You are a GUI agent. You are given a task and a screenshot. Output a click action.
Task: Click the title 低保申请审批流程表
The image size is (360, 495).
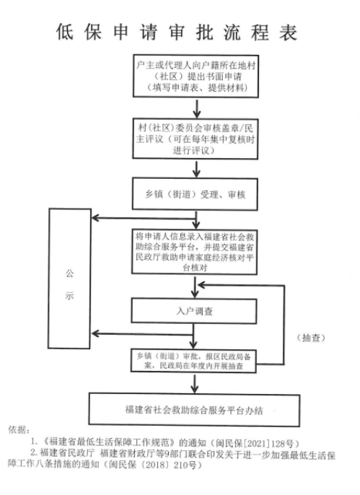[x=177, y=32]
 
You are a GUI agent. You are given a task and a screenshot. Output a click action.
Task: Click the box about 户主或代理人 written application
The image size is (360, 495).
[x=195, y=76]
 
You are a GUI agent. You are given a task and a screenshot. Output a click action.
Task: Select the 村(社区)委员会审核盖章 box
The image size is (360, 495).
[x=195, y=137]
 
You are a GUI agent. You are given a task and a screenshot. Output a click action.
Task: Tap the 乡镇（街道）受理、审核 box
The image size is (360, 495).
[x=195, y=194]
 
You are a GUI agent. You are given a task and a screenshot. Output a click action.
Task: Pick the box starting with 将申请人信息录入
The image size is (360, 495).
[x=195, y=252]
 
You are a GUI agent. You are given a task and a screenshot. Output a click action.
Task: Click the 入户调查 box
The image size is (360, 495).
[x=195, y=312]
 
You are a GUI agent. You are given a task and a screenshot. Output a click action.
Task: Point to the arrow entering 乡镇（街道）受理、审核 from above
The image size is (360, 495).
[x=196, y=170]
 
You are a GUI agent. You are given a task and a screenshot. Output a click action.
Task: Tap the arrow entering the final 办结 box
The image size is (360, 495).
[x=196, y=385]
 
